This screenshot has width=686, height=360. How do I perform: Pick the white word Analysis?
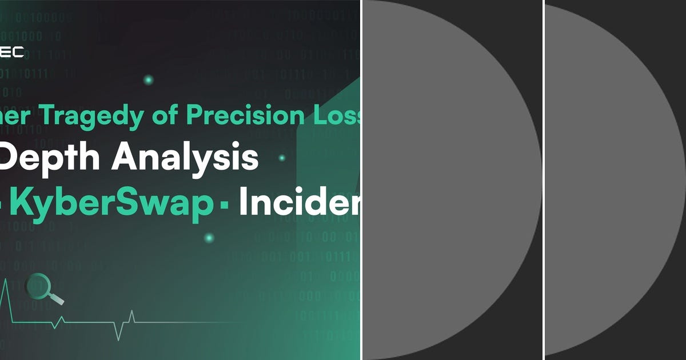tap(185, 158)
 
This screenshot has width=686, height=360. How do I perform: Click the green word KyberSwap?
tap(111, 204)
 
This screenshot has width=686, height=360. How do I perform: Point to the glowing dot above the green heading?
tap(149, 80)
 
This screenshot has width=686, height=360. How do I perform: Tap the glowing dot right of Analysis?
tap(282, 158)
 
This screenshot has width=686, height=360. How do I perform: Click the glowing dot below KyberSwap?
tap(209, 238)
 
